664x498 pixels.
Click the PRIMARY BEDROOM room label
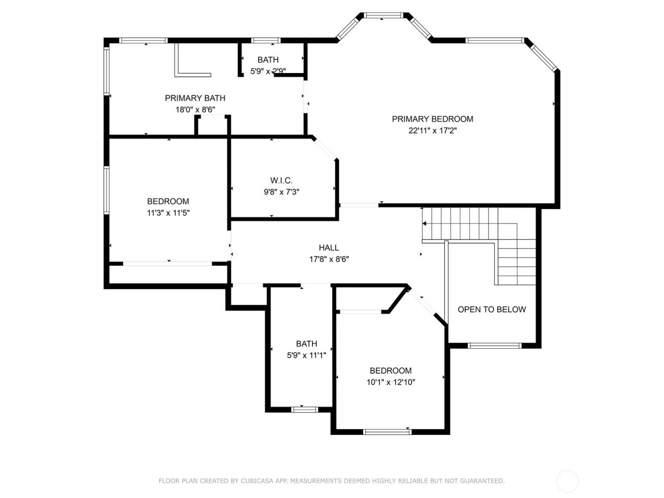pos(432,119)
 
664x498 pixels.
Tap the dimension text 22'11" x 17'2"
pos(432,131)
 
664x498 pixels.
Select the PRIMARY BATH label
pos(195,98)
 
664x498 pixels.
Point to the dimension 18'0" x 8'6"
pos(195,110)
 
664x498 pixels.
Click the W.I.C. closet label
pos(281,181)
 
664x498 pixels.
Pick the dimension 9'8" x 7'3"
pos(281,192)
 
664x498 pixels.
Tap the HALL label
pos(329,248)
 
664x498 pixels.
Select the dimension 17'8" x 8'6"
pos(329,259)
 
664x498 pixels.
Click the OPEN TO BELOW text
pos(491,310)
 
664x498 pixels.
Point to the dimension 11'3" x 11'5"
pos(168,213)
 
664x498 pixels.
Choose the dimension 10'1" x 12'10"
pos(390,383)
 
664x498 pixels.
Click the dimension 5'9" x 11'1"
pos(306,355)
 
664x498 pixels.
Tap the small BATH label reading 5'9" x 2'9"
pos(268,60)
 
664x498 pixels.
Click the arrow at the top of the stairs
pos(424,223)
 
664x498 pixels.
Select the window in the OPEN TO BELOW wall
pos(495,345)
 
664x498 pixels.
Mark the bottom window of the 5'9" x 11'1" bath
pos(304,409)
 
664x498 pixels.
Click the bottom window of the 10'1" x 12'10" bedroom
pos(387,432)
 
